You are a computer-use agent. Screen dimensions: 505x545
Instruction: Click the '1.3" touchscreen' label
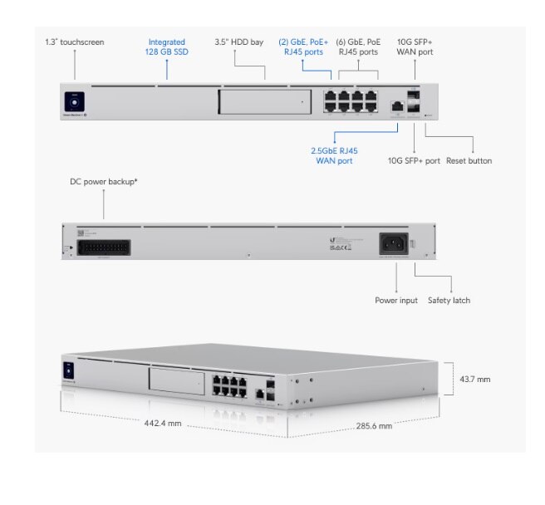[75, 42]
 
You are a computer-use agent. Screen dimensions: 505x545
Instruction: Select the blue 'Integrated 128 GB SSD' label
[166, 47]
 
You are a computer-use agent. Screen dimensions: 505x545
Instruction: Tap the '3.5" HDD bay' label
[238, 42]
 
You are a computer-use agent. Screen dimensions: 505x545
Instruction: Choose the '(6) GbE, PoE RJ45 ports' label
[358, 47]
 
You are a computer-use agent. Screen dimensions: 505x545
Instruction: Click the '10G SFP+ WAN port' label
[415, 47]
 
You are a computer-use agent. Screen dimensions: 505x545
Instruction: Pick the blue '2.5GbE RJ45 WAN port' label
[333, 155]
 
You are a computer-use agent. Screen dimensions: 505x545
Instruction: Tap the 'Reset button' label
[469, 160]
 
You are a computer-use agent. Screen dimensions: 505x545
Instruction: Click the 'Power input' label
[396, 300]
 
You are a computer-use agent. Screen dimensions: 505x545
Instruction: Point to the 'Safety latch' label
[449, 300]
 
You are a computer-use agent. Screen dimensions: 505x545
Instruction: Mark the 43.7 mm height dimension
[474, 379]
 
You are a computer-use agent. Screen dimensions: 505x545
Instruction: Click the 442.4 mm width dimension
[164, 423]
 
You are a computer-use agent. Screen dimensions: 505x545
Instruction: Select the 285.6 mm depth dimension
[374, 424]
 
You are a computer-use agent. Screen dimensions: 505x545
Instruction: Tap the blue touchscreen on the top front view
[74, 101]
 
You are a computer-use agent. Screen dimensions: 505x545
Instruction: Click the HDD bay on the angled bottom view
[177, 382]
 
